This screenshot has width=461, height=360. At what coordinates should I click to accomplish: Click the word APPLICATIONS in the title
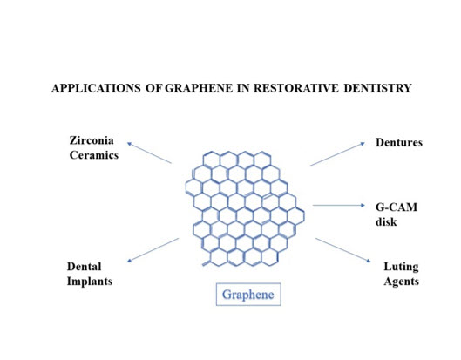click(x=96, y=88)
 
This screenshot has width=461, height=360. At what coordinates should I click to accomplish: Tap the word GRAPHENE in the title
click(x=199, y=88)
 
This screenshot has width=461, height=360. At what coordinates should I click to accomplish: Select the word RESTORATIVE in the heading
click(x=295, y=88)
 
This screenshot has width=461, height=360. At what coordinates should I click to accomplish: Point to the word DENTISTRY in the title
click(x=378, y=88)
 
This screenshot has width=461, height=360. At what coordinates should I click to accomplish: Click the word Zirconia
click(x=92, y=140)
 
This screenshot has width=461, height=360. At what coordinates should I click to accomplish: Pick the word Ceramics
click(x=94, y=155)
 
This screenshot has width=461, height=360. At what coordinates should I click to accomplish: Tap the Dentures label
click(x=399, y=142)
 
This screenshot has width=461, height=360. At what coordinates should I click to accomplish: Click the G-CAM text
click(x=397, y=207)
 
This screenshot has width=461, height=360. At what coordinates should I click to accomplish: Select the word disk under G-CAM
click(x=386, y=221)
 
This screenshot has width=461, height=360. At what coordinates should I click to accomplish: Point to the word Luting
click(x=401, y=267)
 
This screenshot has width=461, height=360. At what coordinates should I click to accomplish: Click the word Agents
click(x=402, y=282)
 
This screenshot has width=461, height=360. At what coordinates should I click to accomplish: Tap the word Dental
click(x=84, y=267)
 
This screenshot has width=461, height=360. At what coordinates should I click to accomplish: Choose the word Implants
click(x=90, y=282)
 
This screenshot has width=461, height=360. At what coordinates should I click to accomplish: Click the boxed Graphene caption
click(x=248, y=295)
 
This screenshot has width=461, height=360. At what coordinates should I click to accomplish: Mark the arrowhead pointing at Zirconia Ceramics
click(x=129, y=144)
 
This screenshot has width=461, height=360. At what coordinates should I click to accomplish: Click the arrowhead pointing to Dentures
click(x=363, y=144)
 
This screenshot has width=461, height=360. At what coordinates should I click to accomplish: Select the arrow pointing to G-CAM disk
click(x=339, y=205)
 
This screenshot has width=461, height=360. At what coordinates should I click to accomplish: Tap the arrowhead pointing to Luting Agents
click(x=369, y=261)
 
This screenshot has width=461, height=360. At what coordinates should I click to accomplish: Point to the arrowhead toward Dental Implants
click(x=129, y=261)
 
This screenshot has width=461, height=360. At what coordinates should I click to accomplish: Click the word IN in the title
click(x=243, y=88)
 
